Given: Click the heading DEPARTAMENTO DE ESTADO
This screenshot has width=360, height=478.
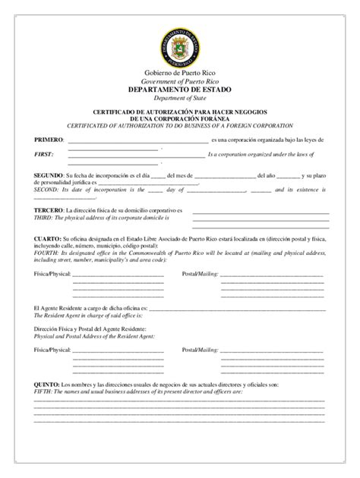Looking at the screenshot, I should (180, 90).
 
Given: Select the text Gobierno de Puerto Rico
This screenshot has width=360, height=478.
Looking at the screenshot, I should (180, 73).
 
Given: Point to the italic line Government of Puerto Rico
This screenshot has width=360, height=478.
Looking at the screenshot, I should (180, 81).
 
